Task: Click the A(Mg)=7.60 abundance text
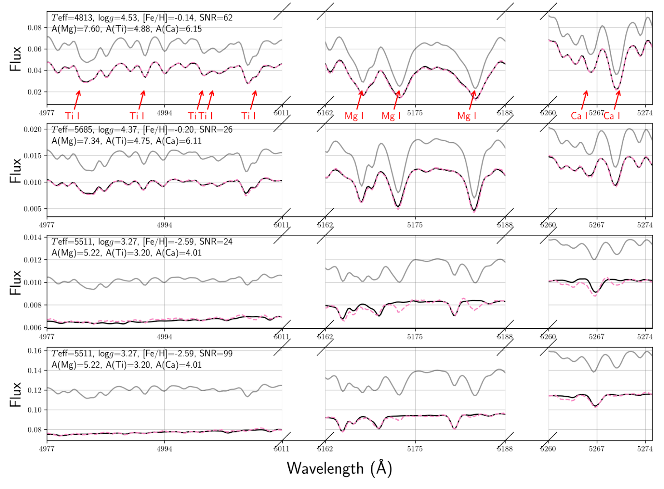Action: tap(76, 29)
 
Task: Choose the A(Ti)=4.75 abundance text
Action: tap(128, 141)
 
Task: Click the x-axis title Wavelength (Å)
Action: tap(339, 468)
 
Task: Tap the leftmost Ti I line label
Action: tap(72, 116)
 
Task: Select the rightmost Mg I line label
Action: tap(467, 116)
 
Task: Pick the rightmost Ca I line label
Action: tap(612, 116)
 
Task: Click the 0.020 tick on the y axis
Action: tap(33, 129)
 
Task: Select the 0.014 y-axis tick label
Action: tap(33, 237)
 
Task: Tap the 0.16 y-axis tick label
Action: tap(34, 351)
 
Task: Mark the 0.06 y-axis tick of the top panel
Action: tap(34, 49)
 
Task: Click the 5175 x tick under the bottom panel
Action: tap(415, 449)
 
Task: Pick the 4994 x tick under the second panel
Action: tap(164, 225)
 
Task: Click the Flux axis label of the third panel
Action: tap(15, 283)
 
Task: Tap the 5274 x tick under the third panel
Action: tap(645, 337)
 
